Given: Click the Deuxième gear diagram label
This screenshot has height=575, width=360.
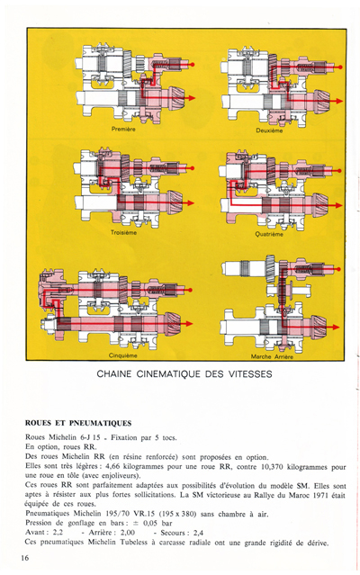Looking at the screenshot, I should [x=269, y=130].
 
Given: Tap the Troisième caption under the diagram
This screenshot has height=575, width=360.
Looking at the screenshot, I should [x=124, y=233].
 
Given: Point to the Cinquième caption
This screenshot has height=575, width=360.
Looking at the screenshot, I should [x=123, y=355].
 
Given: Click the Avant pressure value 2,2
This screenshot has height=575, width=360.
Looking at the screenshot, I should [x=58, y=533].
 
